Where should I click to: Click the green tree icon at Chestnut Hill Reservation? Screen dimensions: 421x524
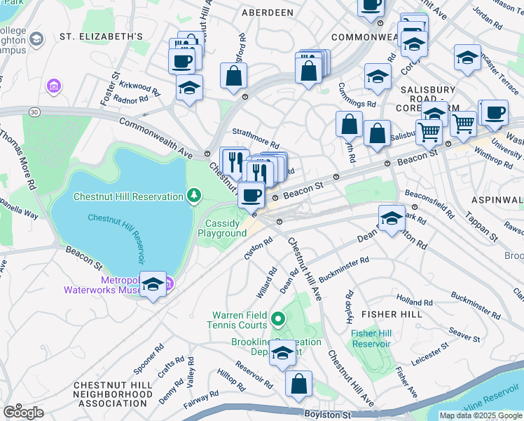194,194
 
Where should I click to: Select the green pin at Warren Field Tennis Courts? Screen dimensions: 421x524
278,320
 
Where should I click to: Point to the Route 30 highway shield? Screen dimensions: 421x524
34,112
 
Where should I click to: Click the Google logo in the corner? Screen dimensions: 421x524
23,412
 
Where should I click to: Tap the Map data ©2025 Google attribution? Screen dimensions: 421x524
480,415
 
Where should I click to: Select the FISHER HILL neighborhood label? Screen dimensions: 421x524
392,314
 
